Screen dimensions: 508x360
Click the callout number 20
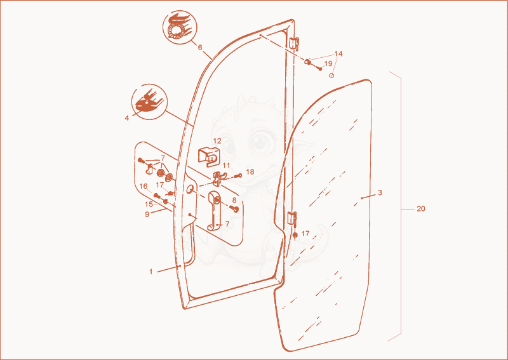420,209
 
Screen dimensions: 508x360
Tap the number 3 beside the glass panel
380,193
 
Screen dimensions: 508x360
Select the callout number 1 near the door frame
151,272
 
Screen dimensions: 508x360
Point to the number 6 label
200,48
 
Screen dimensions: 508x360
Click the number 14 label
338,53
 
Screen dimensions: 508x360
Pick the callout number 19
328,63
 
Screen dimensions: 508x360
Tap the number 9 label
147,214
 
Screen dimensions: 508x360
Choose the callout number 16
144,186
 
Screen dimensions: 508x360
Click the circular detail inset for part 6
179,27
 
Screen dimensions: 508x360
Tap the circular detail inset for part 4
149,102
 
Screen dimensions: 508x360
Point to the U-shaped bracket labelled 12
208,156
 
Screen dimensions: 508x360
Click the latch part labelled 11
218,178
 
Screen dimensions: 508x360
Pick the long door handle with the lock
214,211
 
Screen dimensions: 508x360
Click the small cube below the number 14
331,76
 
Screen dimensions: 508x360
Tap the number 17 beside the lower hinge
305,234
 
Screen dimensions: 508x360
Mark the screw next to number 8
234,208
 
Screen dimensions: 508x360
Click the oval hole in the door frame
190,189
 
